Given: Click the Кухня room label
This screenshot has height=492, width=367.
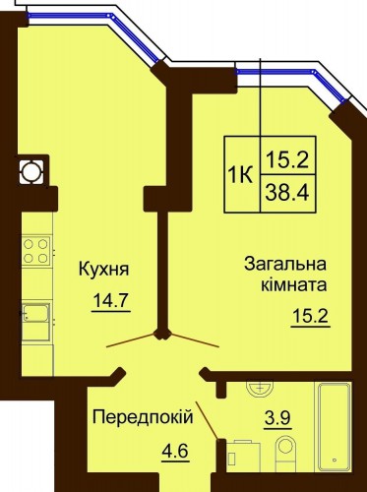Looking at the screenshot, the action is coord(104,270).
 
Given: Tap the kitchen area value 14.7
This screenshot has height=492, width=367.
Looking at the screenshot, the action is coord(112,300).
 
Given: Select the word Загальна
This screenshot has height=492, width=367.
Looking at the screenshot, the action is coord(285,265).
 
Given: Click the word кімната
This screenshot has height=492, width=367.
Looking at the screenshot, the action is coord(294,284).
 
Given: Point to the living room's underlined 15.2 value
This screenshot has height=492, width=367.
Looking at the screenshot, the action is coord(310,317).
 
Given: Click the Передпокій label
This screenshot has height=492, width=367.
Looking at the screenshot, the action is coord(143,417).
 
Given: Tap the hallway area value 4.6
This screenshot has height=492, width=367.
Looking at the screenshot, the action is coord(175,451).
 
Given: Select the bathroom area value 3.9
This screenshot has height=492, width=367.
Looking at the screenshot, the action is coord(278,418).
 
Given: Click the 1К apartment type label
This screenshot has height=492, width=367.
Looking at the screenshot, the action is coord(241,174).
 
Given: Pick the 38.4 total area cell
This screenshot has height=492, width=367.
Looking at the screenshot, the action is coord(287,194).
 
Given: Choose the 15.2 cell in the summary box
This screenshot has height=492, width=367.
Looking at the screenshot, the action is coord(287,155).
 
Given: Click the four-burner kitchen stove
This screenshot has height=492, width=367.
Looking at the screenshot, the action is coord(36,251).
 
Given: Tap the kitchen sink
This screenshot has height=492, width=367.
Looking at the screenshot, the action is coord(36,314).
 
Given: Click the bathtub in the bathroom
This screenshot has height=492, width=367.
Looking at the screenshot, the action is coord(334,426).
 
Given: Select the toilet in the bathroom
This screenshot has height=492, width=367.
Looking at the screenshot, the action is coord(285,454).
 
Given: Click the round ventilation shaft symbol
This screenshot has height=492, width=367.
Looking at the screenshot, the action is coord(31,172).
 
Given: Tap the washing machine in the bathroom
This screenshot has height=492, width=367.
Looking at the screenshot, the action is coord(243,456).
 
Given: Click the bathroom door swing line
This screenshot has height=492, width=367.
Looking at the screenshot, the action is coord(207,420).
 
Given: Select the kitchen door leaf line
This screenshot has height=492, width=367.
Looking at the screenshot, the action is coord(131,340).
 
